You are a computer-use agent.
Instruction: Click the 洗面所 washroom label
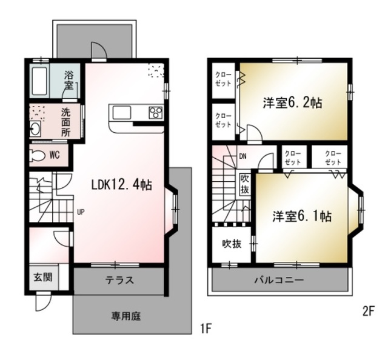pos(65,121)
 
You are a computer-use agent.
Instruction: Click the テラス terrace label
pos(119,281)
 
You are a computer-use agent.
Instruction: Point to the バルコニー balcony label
pos(279,281)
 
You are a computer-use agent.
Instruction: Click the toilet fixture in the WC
pos(38,155)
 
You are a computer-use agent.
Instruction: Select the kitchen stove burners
pos(155,113)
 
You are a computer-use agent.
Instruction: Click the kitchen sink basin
pos(121,113)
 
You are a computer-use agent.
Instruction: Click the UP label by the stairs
pos(80,212)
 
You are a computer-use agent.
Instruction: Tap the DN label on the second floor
pos(242,156)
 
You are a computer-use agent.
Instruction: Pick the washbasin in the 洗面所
pos(35,129)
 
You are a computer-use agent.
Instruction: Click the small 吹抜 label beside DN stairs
pos(244,184)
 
